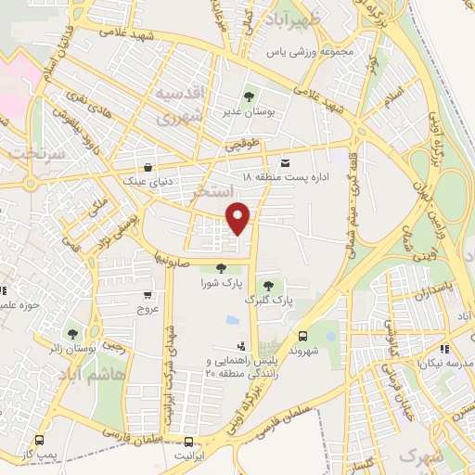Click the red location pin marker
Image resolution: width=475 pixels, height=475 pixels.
point(239,217)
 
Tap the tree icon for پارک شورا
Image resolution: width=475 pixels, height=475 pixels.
point(219,269)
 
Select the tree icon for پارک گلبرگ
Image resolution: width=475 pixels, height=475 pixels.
point(268,286)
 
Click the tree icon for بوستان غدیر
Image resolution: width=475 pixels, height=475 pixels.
point(248,96)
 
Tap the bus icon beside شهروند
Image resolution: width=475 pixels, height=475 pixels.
point(303,336)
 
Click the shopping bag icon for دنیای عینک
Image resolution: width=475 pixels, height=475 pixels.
point(148,169)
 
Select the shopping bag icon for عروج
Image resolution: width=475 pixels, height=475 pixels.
point(143,294)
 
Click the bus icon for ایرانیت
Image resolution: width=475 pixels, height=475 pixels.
point(188,443)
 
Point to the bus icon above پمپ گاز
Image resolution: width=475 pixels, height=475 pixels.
point(39,441)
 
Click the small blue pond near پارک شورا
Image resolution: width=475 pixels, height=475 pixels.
point(231,320)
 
